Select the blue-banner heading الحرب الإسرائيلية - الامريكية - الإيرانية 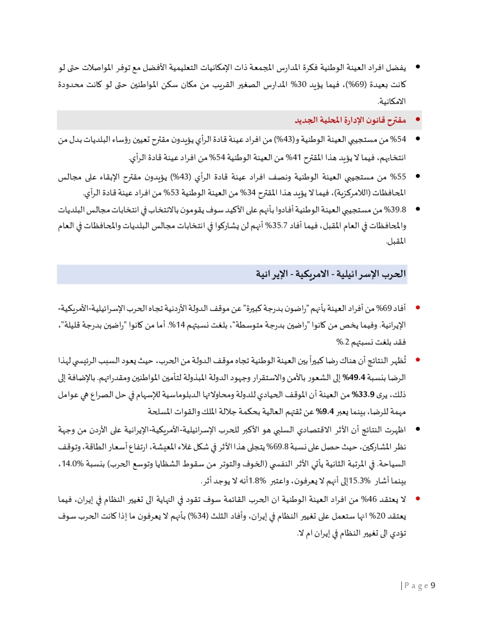point(331,274)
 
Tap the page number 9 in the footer point(433,585)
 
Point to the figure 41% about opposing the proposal point(293,158)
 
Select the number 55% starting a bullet point(398,177)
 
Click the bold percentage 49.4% point(353,378)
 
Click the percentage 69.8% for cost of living point(278,447)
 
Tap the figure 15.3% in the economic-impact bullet point(359,480)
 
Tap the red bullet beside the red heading point(418,120)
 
